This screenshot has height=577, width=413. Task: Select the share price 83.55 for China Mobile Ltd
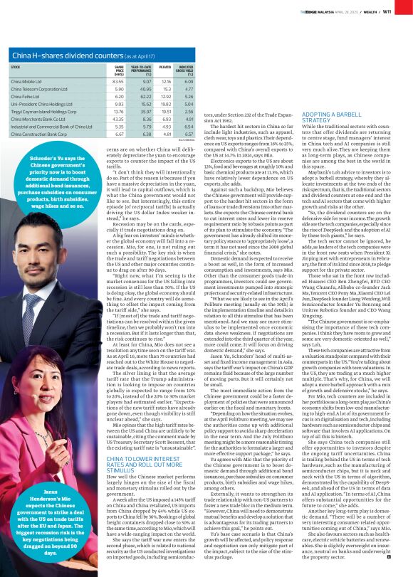coord(117,82)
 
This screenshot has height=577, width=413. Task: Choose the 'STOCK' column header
coord(16,67)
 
